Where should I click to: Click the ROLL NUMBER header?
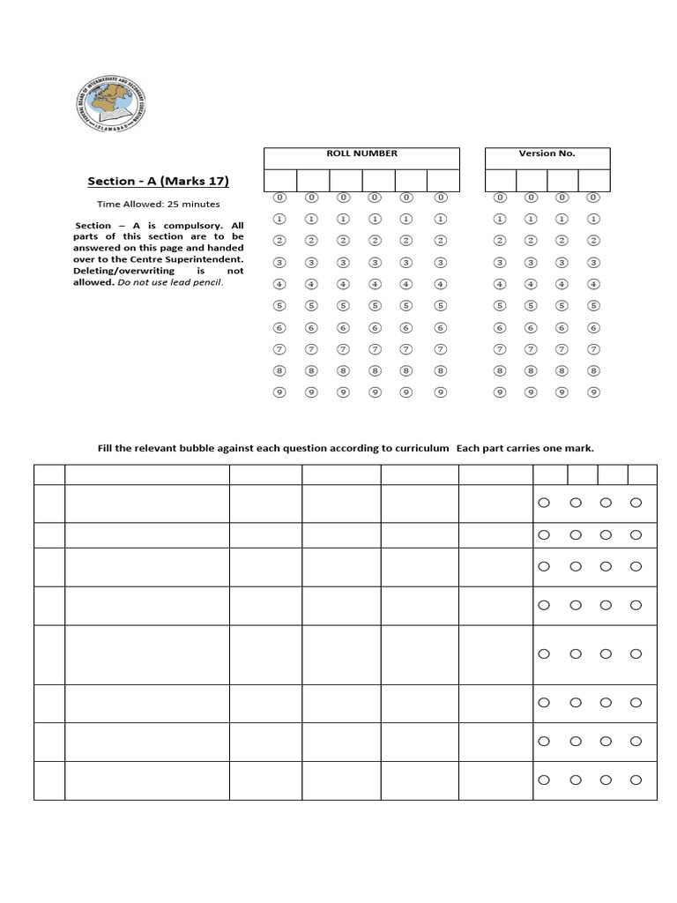point(361,153)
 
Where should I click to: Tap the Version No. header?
point(547,153)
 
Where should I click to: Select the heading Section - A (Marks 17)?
point(158,181)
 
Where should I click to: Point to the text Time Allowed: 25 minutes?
point(158,205)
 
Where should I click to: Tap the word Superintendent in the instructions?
point(210,260)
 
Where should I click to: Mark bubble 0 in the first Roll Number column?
point(279,198)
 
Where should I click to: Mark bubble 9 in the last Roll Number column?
point(441,392)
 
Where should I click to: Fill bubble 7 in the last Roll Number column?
point(441,349)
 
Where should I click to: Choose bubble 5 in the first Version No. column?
point(500,306)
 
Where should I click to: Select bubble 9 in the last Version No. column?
point(593,392)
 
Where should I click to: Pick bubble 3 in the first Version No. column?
point(500,263)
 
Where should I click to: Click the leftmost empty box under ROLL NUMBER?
point(280,180)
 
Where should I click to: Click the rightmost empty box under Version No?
point(593,180)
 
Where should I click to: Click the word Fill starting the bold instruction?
point(107,448)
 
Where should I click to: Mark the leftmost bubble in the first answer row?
point(543,503)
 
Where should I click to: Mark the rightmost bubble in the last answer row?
point(636,780)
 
